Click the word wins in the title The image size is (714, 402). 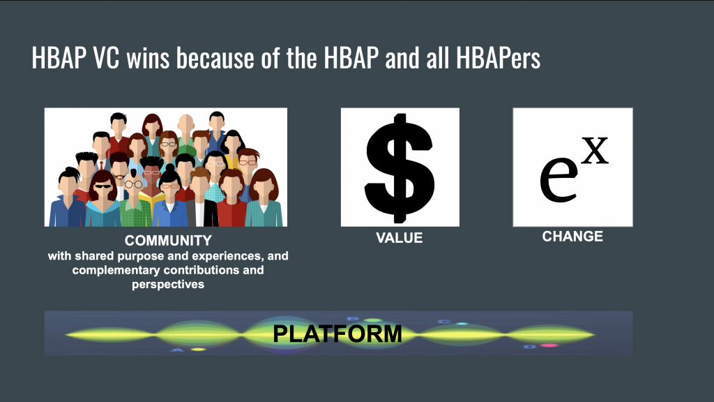(x=148, y=58)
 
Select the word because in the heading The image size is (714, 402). (x=215, y=58)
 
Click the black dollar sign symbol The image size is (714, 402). (x=400, y=167)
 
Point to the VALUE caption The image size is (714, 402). (x=400, y=238)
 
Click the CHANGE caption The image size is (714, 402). (x=572, y=237)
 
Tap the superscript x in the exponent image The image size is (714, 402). (x=595, y=151)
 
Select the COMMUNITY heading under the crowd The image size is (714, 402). (x=168, y=240)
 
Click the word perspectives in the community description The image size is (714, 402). (x=168, y=285)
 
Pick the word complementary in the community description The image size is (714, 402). (x=116, y=270)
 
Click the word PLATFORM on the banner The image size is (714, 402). (x=337, y=334)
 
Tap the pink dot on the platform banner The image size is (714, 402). (x=549, y=345)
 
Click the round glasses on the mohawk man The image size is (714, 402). (x=133, y=184)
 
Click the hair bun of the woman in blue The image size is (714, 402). (x=170, y=167)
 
